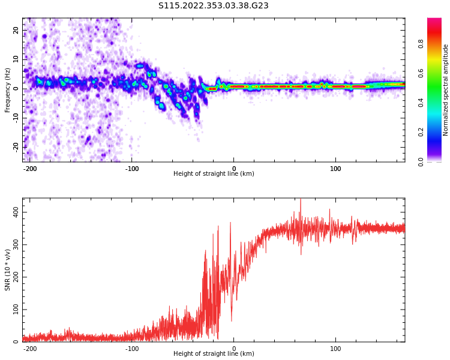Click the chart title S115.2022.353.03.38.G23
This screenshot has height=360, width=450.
[213, 6]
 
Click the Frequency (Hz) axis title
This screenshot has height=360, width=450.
[8, 90]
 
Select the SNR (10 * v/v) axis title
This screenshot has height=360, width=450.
[8, 270]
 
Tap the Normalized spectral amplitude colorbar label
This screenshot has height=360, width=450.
[446, 90]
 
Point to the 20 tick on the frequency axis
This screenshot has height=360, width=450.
[16, 30]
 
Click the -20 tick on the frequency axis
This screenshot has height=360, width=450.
[16, 146]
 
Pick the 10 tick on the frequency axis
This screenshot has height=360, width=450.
[16, 59]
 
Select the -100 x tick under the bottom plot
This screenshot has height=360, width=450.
[132, 349]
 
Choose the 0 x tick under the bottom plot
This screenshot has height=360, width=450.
[234, 349]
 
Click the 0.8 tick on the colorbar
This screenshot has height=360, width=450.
[421, 43]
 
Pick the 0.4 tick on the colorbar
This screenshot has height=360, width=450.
[421, 102]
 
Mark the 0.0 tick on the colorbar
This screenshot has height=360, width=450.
[421, 161]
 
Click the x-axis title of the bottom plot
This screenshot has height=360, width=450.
[214, 354]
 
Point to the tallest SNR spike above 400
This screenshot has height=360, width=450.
[301, 200]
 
